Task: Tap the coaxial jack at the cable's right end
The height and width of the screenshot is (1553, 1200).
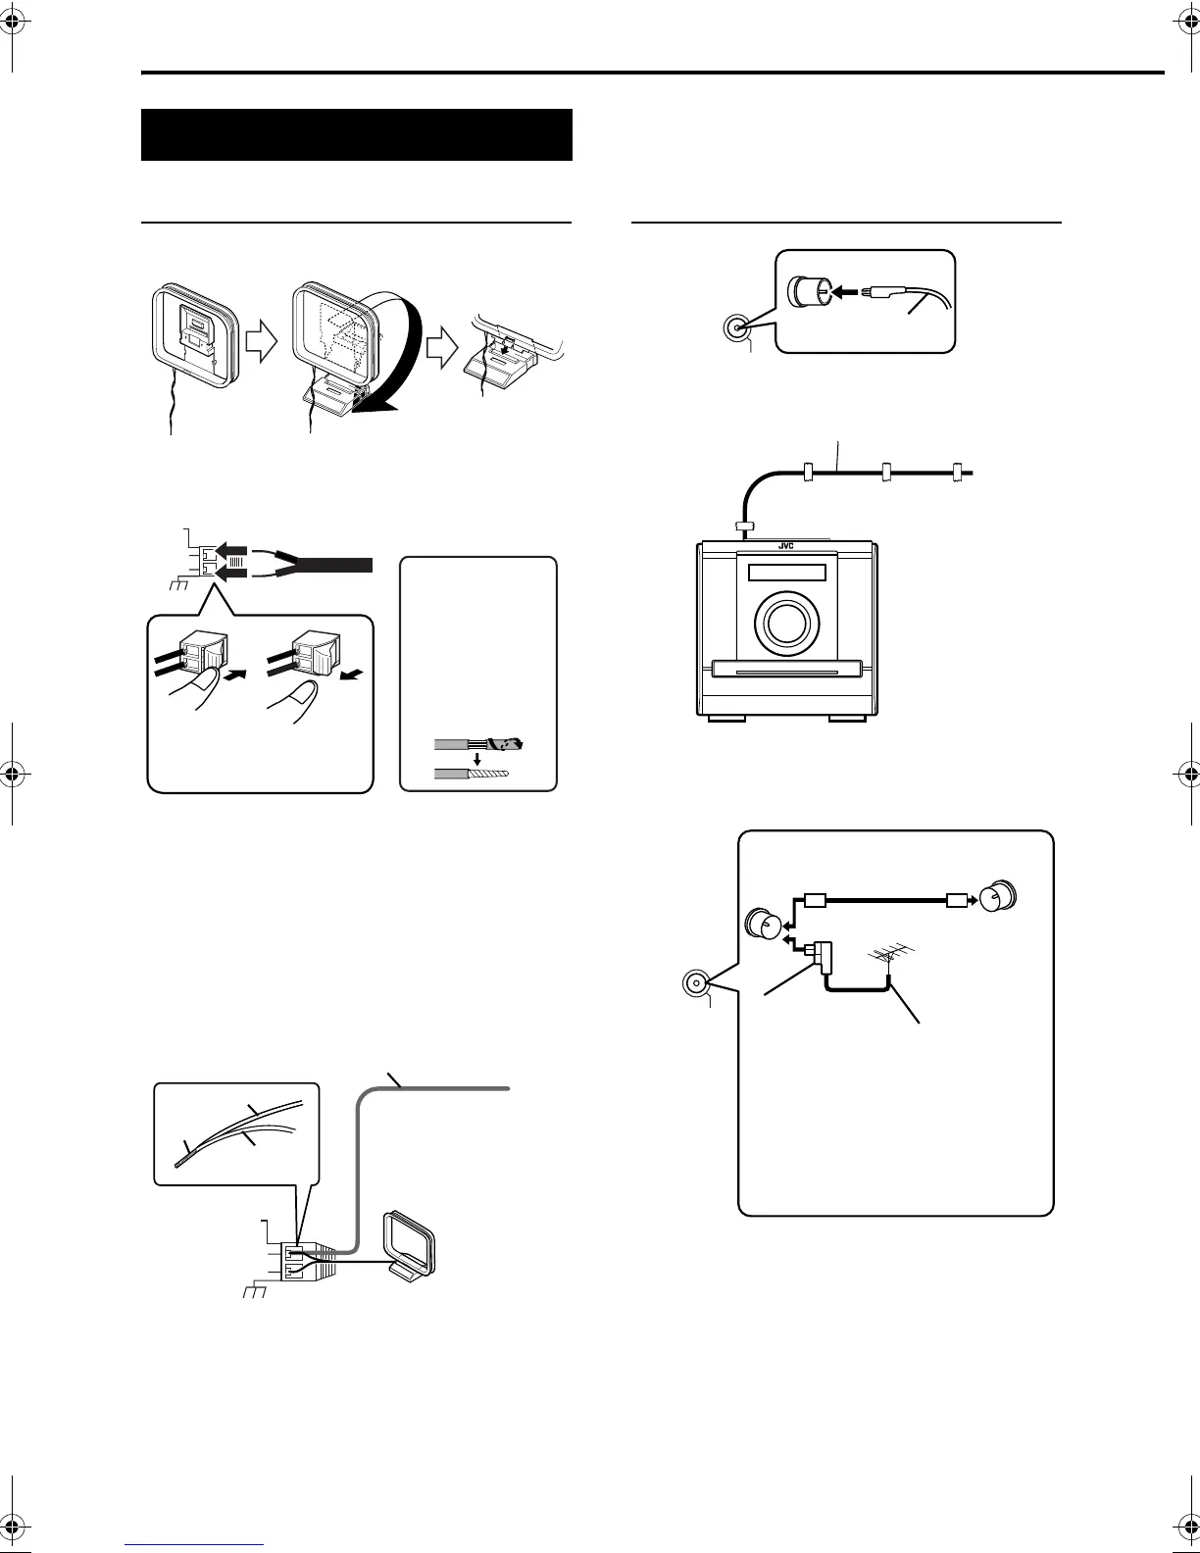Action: pyautogui.click(x=1001, y=897)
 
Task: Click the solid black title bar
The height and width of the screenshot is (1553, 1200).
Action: pyautogui.click(x=357, y=134)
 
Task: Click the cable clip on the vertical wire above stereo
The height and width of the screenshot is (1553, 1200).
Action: pyautogui.click(x=745, y=528)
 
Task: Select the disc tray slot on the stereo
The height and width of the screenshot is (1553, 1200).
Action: pyautogui.click(x=785, y=672)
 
